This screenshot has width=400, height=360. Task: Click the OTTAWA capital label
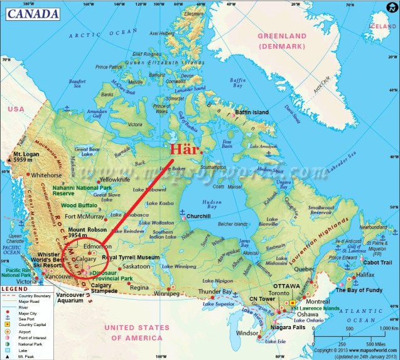(286, 286)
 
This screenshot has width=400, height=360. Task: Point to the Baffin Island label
(251, 112)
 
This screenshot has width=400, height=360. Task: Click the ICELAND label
(384, 26)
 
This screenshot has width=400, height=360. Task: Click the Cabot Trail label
(377, 263)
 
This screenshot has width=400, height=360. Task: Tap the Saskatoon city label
(136, 266)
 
